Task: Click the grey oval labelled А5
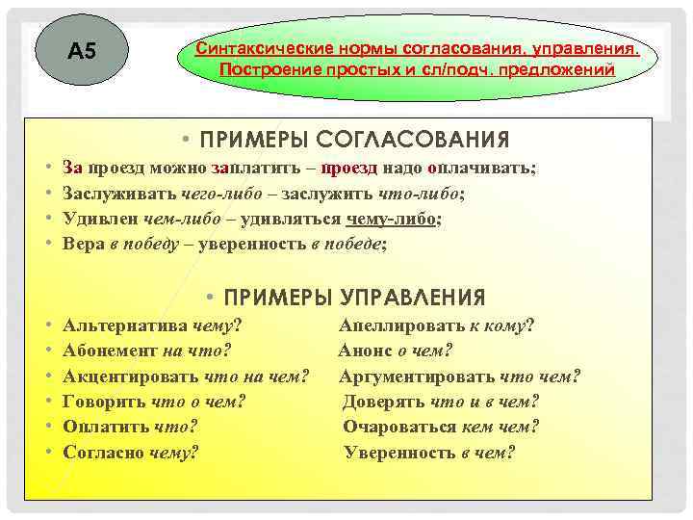tap(84, 52)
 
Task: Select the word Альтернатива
tap(125, 325)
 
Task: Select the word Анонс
tap(365, 351)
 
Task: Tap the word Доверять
tap(384, 402)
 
